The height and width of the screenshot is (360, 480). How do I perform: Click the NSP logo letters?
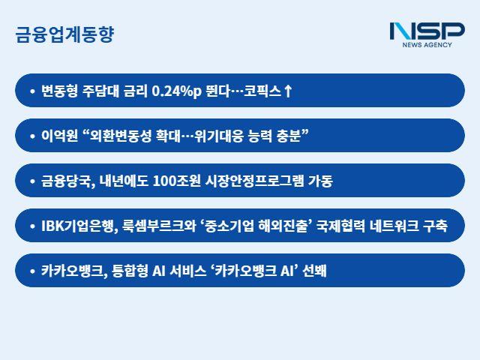point(427,31)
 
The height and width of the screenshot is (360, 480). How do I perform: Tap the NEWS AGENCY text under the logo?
point(427,46)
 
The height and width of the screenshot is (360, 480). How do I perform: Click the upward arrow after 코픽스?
point(288,91)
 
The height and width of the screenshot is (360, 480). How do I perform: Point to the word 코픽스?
point(262,91)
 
